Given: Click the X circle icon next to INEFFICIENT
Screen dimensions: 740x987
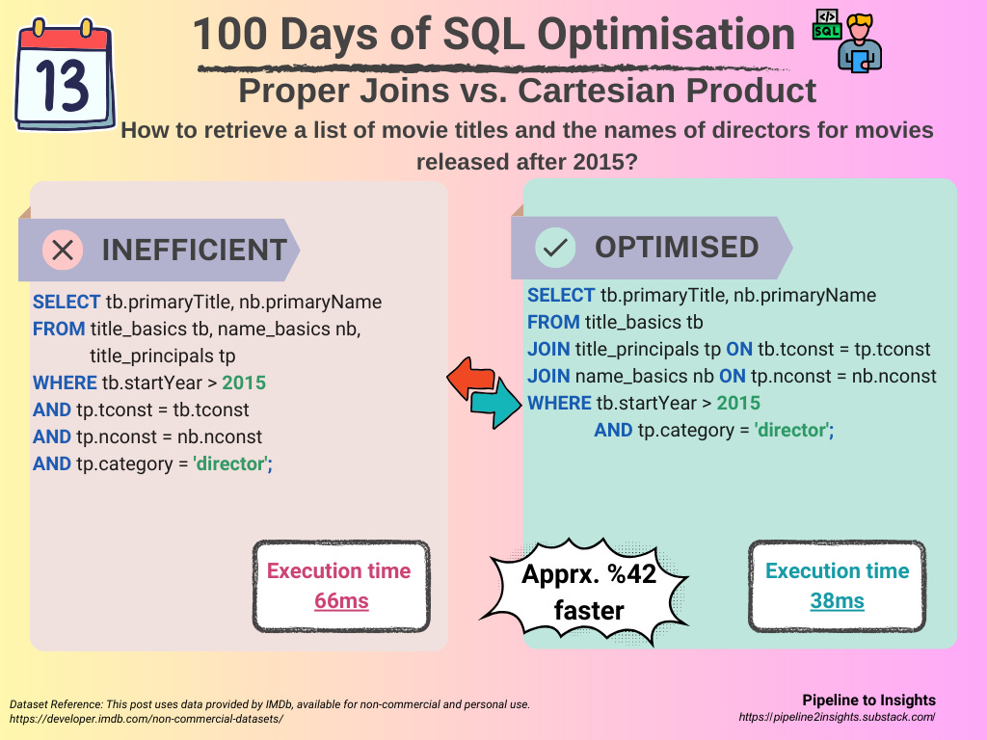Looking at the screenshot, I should (63, 250).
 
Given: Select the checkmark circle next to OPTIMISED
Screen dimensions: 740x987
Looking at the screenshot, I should (554, 248).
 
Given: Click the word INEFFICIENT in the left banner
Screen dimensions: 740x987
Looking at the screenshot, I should (194, 250).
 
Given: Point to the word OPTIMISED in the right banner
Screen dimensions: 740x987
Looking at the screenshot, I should (676, 247).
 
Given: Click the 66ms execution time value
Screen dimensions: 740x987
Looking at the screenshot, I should (341, 601).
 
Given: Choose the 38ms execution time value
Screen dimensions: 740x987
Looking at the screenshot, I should (836, 601).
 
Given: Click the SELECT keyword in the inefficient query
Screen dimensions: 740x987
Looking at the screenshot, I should (66, 302).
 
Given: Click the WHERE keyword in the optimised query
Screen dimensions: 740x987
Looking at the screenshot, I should (559, 403).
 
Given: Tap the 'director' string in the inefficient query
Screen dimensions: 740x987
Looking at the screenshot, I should (232, 463).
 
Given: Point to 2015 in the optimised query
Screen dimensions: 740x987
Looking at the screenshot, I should (738, 403).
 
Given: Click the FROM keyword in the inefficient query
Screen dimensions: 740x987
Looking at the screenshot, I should (59, 329).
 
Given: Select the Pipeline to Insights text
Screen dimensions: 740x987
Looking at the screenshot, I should (867, 700).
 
